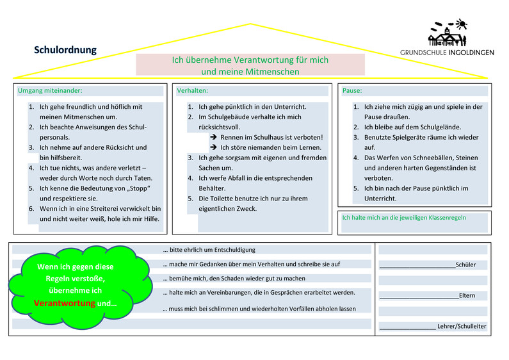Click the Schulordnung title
pos(65,50)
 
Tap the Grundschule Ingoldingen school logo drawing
pos(448,33)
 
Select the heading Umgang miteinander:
pos(50,91)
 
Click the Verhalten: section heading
pos(192,91)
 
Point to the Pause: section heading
pos(352,91)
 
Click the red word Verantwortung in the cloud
pos(64,303)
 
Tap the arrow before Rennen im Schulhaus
pos(213,137)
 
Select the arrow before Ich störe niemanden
pos(213,147)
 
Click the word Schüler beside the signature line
pos(465,265)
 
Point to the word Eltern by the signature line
pos(467,295)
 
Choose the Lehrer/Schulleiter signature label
pos(462,326)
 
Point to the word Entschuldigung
pos(235,250)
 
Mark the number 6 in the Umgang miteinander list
pos(31,209)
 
